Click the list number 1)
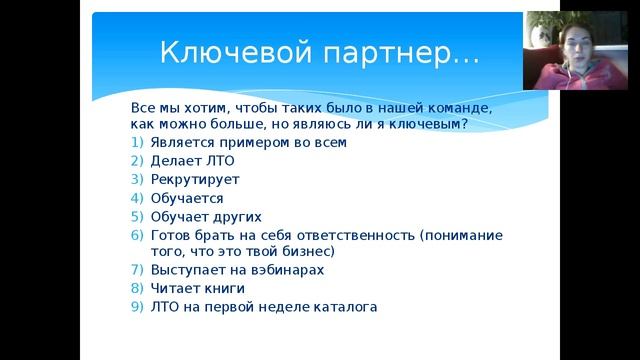pos(138,143)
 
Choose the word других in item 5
pos(235,216)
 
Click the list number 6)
pos(138,235)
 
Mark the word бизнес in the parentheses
pos(301,252)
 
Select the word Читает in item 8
pos(175,289)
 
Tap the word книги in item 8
pos(223,289)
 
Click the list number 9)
pos(138,307)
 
